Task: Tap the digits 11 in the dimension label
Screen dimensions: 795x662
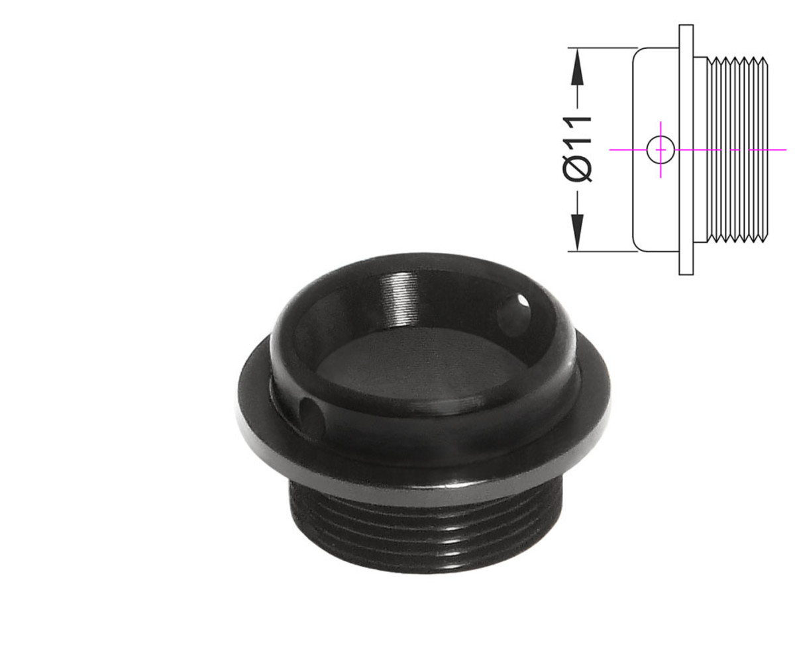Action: point(577,130)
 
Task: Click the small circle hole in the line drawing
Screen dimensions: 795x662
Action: point(661,150)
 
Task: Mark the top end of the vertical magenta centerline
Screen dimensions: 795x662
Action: point(661,122)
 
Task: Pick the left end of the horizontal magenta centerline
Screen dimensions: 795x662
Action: point(610,150)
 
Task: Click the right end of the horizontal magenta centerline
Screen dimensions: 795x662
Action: point(786,150)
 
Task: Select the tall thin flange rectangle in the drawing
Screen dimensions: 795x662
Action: point(686,150)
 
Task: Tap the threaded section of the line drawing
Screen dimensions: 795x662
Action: point(737,150)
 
